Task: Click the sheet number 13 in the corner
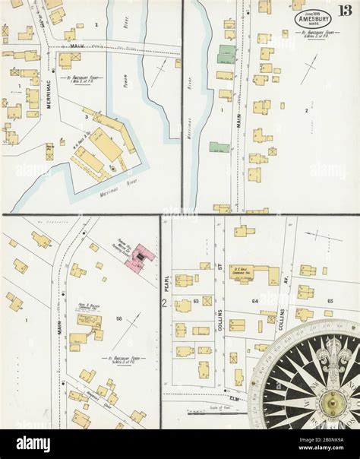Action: [346, 9]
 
